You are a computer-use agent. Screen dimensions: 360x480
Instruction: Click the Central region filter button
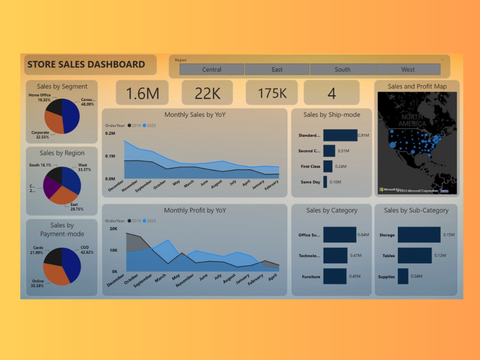point(212,70)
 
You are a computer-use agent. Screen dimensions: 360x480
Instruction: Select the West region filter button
point(408,70)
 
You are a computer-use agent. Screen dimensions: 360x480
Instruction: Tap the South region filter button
point(342,70)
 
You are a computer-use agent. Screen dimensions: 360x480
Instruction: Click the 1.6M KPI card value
point(142,93)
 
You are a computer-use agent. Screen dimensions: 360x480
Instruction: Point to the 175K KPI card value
point(272,93)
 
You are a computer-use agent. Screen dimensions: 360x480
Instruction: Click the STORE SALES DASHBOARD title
point(86,64)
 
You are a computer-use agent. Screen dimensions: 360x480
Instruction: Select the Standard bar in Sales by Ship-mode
point(340,135)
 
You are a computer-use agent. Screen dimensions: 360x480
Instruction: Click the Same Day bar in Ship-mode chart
point(325,182)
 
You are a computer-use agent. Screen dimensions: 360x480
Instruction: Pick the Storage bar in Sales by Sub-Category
point(419,235)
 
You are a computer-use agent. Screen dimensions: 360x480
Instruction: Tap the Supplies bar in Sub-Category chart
point(403,276)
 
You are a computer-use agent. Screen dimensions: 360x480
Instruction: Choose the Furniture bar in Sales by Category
point(335,276)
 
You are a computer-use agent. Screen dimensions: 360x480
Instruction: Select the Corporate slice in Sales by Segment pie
point(54,124)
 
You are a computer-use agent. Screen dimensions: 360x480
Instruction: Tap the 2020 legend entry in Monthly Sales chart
point(149,125)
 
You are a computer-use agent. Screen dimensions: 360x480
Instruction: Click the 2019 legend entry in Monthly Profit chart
point(135,221)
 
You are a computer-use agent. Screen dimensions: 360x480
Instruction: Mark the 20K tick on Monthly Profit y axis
point(113,229)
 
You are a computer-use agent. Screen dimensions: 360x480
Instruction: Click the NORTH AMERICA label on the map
point(412,120)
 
